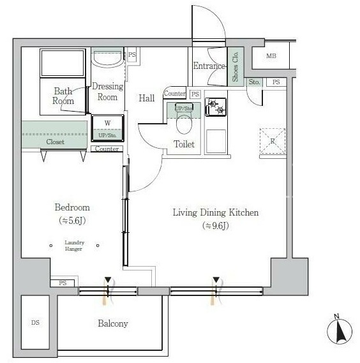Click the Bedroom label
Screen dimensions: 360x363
[x=72, y=207]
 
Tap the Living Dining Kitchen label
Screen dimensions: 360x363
[x=216, y=212]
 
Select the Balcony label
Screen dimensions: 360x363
[x=113, y=323]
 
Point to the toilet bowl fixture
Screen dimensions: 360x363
[x=184, y=119]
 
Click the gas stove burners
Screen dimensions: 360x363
[x=216, y=107]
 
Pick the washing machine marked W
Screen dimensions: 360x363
[x=107, y=128]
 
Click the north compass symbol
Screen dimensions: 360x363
[x=340, y=330]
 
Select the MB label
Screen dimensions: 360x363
[x=271, y=56]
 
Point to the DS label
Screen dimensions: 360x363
[x=35, y=322]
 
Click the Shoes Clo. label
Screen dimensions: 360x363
[x=236, y=67]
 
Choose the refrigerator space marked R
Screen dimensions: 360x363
[x=273, y=141]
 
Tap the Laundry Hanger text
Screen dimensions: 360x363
[x=74, y=246]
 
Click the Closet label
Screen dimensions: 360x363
[x=55, y=142]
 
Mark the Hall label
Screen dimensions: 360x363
[x=147, y=98]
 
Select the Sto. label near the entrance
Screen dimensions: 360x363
[x=254, y=82]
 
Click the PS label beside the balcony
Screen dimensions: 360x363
[x=63, y=283]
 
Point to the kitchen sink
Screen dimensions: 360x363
[x=216, y=141]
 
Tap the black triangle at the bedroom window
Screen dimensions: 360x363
[x=108, y=279]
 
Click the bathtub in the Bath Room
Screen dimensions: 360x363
[x=63, y=63]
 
